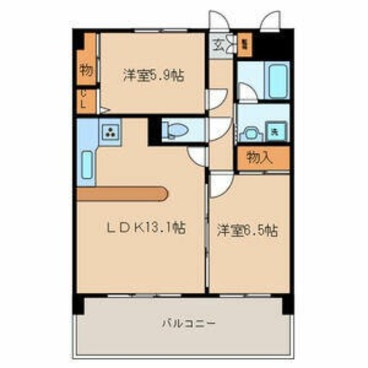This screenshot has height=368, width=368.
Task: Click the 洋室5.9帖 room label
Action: coord(152,76)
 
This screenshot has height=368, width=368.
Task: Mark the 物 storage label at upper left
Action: coord(86,70)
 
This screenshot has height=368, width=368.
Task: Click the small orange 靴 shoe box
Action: coord(244,44)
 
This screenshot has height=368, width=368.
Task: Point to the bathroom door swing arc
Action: coord(247,92)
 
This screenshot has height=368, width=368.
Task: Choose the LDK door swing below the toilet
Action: coord(197,154)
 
